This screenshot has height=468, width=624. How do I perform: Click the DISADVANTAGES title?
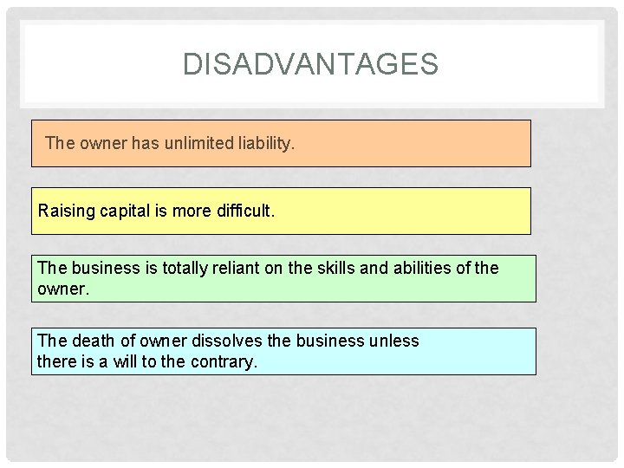click(311, 64)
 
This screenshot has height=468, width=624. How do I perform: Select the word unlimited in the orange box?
click(198, 142)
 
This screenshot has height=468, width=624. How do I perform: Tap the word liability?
click(266, 142)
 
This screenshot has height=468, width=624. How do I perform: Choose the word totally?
click(179, 268)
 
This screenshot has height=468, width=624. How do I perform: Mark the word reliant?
click(236, 268)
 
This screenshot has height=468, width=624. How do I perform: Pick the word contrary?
click(223, 361)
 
